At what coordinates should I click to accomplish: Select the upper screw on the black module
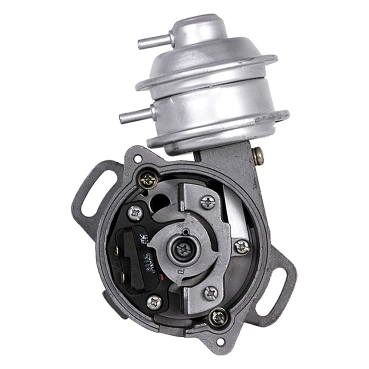(x=135, y=212)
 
